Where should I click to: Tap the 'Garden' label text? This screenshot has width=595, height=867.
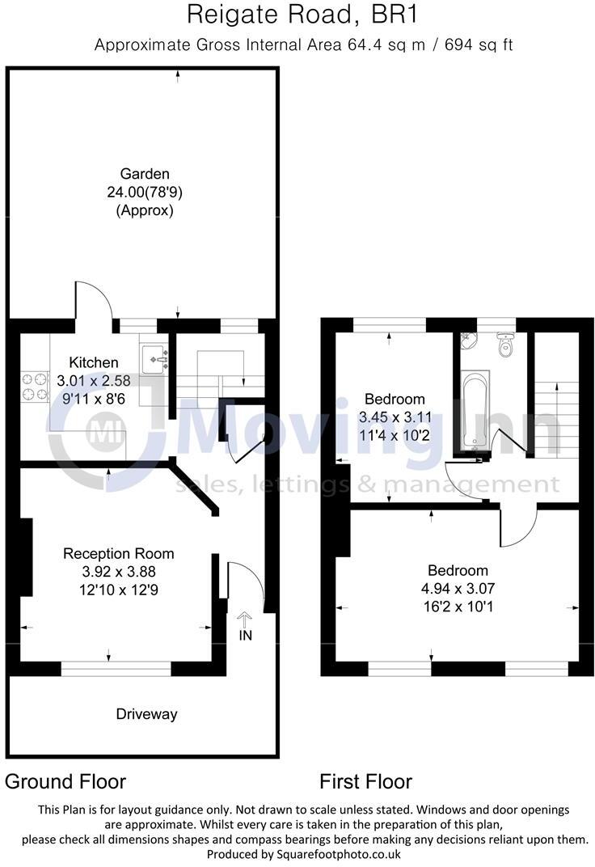(x=145, y=173)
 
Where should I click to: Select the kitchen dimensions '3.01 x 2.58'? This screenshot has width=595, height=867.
(x=94, y=380)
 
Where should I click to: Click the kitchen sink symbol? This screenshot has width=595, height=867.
(x=154, y=357)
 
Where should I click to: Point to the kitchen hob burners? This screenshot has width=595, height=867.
(x=34, y=385)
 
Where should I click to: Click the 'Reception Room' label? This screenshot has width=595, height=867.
(x=119, y=554)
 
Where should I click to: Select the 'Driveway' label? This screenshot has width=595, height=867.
(x=146, y=714)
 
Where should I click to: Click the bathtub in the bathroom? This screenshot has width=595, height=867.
(x=474, y=409)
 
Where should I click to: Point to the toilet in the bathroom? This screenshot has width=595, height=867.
(x=507, y=346)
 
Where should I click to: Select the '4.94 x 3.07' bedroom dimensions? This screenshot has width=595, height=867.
(x=458, y=589)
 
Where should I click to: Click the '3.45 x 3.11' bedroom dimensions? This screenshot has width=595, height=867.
(x=395, y=417)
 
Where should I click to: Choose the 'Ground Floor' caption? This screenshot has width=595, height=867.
(x=65, y=781)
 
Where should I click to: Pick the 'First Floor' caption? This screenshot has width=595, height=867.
(x=365, y=781)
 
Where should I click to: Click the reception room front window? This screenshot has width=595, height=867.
(x=116, y=668)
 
